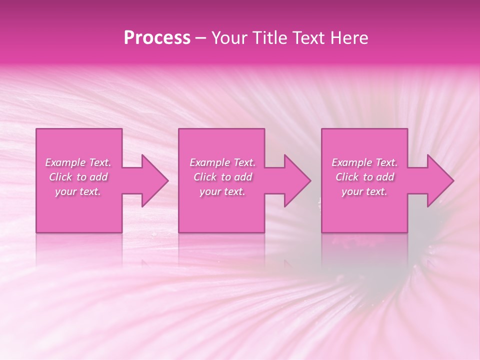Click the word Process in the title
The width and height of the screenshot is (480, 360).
(157, 38)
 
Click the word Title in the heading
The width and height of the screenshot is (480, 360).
(270, 38)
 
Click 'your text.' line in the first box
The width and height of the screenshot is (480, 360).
(78, 191)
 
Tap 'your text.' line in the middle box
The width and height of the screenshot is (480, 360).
(222, 191)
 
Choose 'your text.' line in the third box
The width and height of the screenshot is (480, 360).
(364, 191)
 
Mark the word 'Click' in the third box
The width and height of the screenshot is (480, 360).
(347, 177)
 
